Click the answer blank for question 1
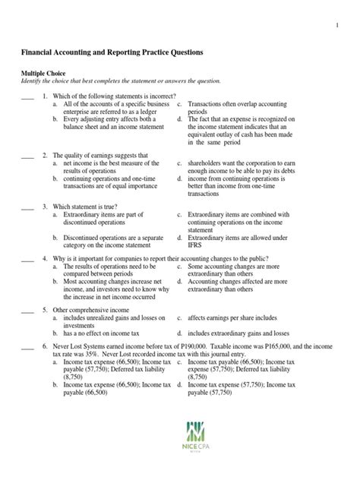28,97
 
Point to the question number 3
45,206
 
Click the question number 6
45,344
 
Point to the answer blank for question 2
28,156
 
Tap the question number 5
45,310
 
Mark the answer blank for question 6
28,345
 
